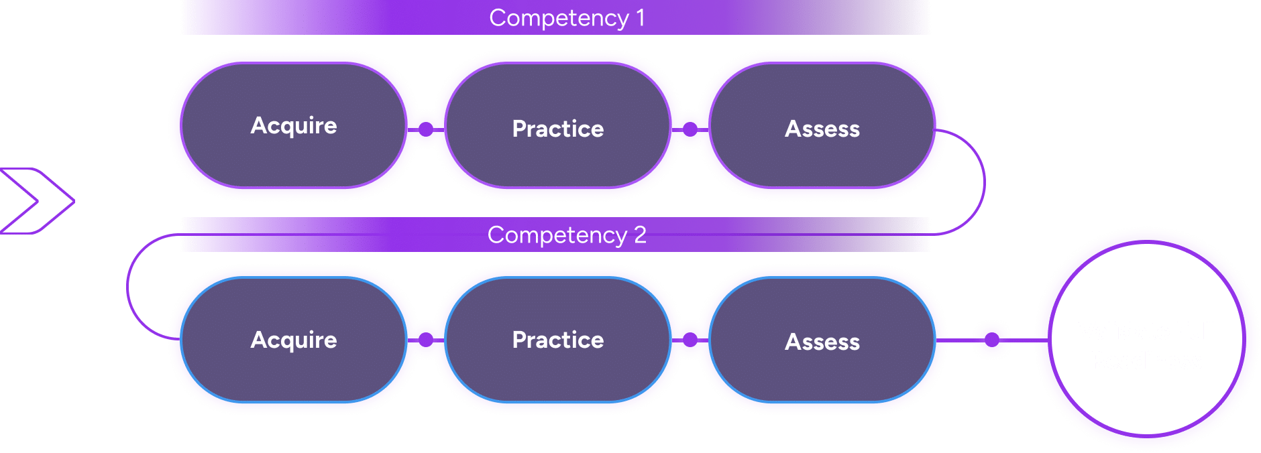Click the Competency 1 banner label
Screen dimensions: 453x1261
[x=567, y=18]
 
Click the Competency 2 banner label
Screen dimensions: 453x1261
[x=567, y=235]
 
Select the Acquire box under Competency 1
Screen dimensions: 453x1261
[x=294, y=125]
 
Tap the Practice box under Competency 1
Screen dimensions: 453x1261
[x=558, y=128]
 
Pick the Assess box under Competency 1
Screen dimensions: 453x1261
[x=822, y=128]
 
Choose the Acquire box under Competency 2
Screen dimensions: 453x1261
[x=294, y=340]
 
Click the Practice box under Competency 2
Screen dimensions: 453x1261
[x=558, y=340]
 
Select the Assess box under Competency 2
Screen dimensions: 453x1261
[x=822, y=342]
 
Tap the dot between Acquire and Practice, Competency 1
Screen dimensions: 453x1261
[x=426, y=129]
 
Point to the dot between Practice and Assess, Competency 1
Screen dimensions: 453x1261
[x=690, y=129]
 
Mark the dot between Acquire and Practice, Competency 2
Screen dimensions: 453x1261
[x=426, y=340]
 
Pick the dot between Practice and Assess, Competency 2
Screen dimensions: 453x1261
[x=690, y=340]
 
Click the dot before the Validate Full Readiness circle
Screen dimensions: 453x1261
[x=992, y=340]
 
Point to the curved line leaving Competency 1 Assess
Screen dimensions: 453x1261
[x=985, y=181]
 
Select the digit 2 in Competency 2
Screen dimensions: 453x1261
[x=640, y=235]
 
